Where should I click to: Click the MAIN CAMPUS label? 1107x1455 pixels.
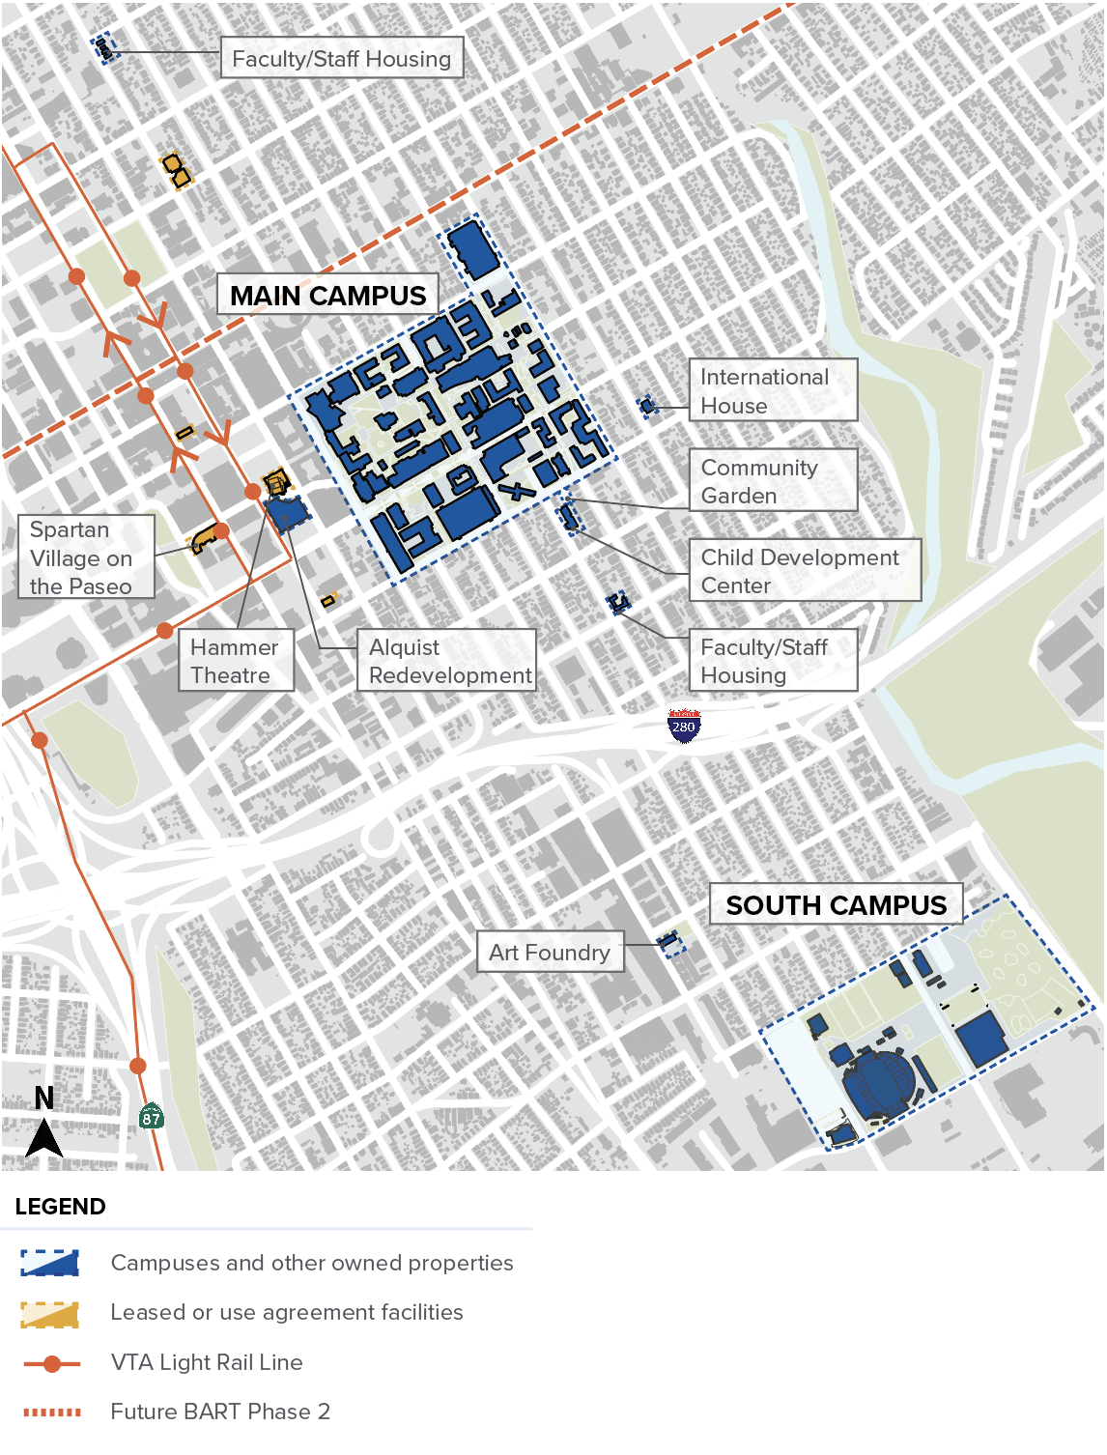click(x=327, y=295)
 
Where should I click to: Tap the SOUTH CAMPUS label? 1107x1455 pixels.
click(x=836, y=905)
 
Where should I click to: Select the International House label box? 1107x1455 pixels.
click(x=773, y=390)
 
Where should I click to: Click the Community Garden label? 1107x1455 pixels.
click(x=773, y=480)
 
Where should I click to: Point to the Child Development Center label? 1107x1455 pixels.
click(x=805, y=570)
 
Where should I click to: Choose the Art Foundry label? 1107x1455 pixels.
click(x=550, y=953)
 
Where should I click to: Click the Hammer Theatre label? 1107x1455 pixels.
click(x=236, y=661)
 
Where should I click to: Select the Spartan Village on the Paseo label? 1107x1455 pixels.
click(x=86, y=557)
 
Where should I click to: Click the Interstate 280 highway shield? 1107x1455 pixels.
click(x=684, y=726)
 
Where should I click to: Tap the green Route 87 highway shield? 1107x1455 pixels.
click(x=151, y=1117)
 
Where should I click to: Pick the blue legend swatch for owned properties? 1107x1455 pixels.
click(x=50, y=1263)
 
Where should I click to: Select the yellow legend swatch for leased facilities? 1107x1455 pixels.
click(x=50, y=1313)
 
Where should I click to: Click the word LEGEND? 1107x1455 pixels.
click(x=60, y=1207)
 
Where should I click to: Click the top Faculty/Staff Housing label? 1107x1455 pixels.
click(x=342, y=59)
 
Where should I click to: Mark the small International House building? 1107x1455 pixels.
click(x=647, y=406)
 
